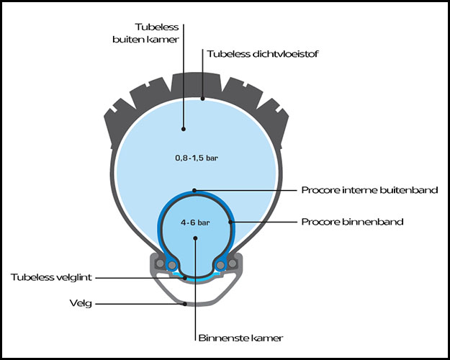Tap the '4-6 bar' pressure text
tap(194, 223)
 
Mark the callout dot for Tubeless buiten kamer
tap(184, 130)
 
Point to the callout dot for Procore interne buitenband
tap(195, 191)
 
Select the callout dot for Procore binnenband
tap(230, 222)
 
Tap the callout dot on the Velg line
tap(186, 304)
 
